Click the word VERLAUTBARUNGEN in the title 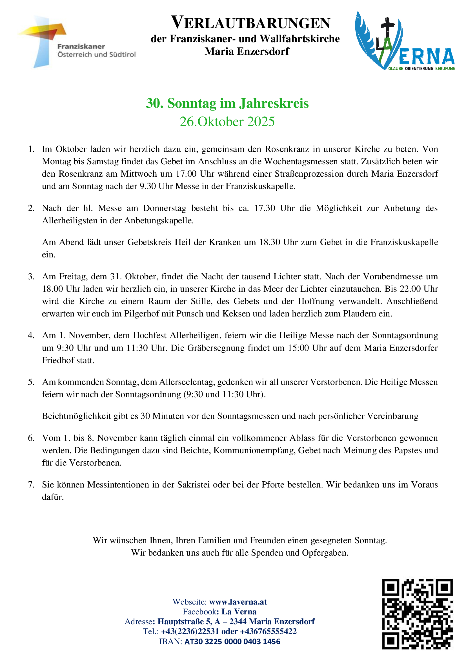click(250, 23)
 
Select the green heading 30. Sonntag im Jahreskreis click(227, 103)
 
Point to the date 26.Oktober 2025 click(227, 122)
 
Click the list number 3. click(31, 276)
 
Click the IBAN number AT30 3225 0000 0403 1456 click(232, 641)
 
